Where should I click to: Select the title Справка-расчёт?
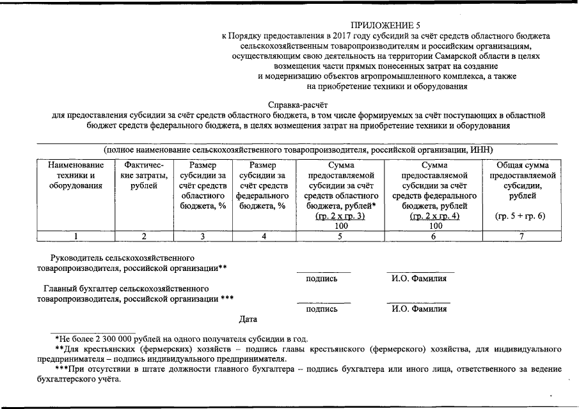pos(298,105)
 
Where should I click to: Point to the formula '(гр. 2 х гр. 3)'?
pos(340,216)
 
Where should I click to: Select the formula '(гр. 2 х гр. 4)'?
pos(435,216)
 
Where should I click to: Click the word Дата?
pos(248,319)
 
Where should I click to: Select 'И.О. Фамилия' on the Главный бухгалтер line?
pos(419,309)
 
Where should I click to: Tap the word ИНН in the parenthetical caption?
pos(480,149)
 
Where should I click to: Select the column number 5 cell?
pos(340,236)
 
